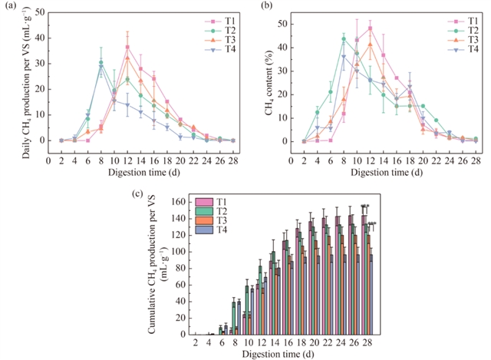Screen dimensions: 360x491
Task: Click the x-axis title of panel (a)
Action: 141,173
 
